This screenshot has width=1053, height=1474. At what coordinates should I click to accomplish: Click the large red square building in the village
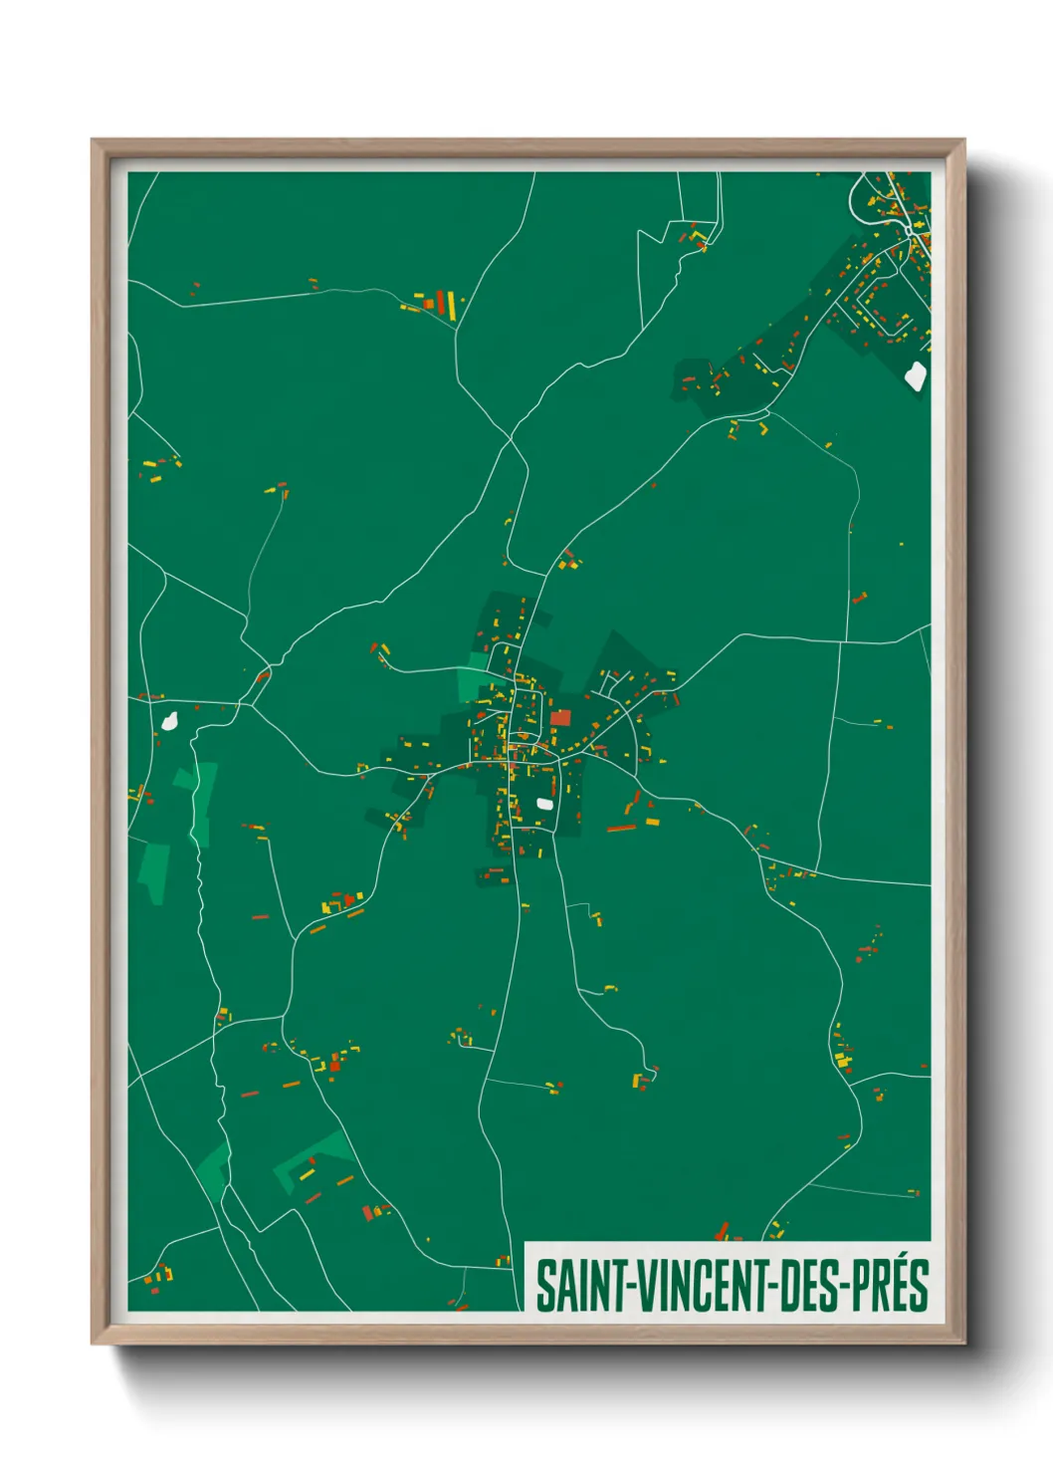pyautogui.click(x=560, y=717)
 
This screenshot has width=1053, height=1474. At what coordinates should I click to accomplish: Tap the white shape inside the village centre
pyautogui.click(x=544, y=803)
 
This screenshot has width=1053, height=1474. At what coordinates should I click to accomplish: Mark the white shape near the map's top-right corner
pyautogui.click(x=916, y=375)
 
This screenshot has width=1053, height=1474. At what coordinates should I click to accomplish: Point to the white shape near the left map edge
pyautogui.click(x=169, y=719)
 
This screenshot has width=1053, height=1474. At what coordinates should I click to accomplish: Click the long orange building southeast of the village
pyautogui.click(x=621, y=828)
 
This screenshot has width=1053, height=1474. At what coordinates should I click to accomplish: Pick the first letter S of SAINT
pyautogui.click(x=543, y=1286)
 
